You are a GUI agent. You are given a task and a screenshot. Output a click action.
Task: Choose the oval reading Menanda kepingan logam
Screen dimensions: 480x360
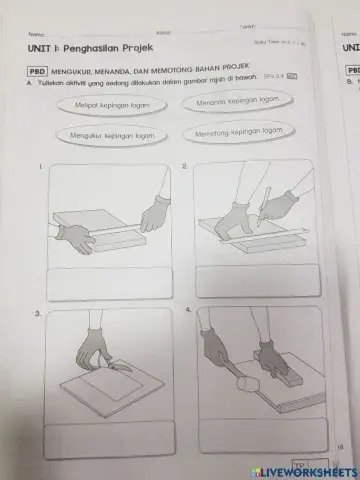(x=236, y=102)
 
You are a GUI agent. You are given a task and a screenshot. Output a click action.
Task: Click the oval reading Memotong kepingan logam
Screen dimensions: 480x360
(x=236, y=132)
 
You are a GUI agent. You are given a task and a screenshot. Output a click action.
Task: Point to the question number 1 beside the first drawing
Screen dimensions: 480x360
(x=40, y=166)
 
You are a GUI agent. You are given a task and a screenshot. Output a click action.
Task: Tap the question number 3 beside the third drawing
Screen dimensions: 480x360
(x=37, y=314)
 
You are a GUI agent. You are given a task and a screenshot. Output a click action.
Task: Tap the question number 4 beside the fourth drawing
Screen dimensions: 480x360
(x=187, y=311)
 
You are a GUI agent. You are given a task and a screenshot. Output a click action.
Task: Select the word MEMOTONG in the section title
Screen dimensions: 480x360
(x=162, y=73)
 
